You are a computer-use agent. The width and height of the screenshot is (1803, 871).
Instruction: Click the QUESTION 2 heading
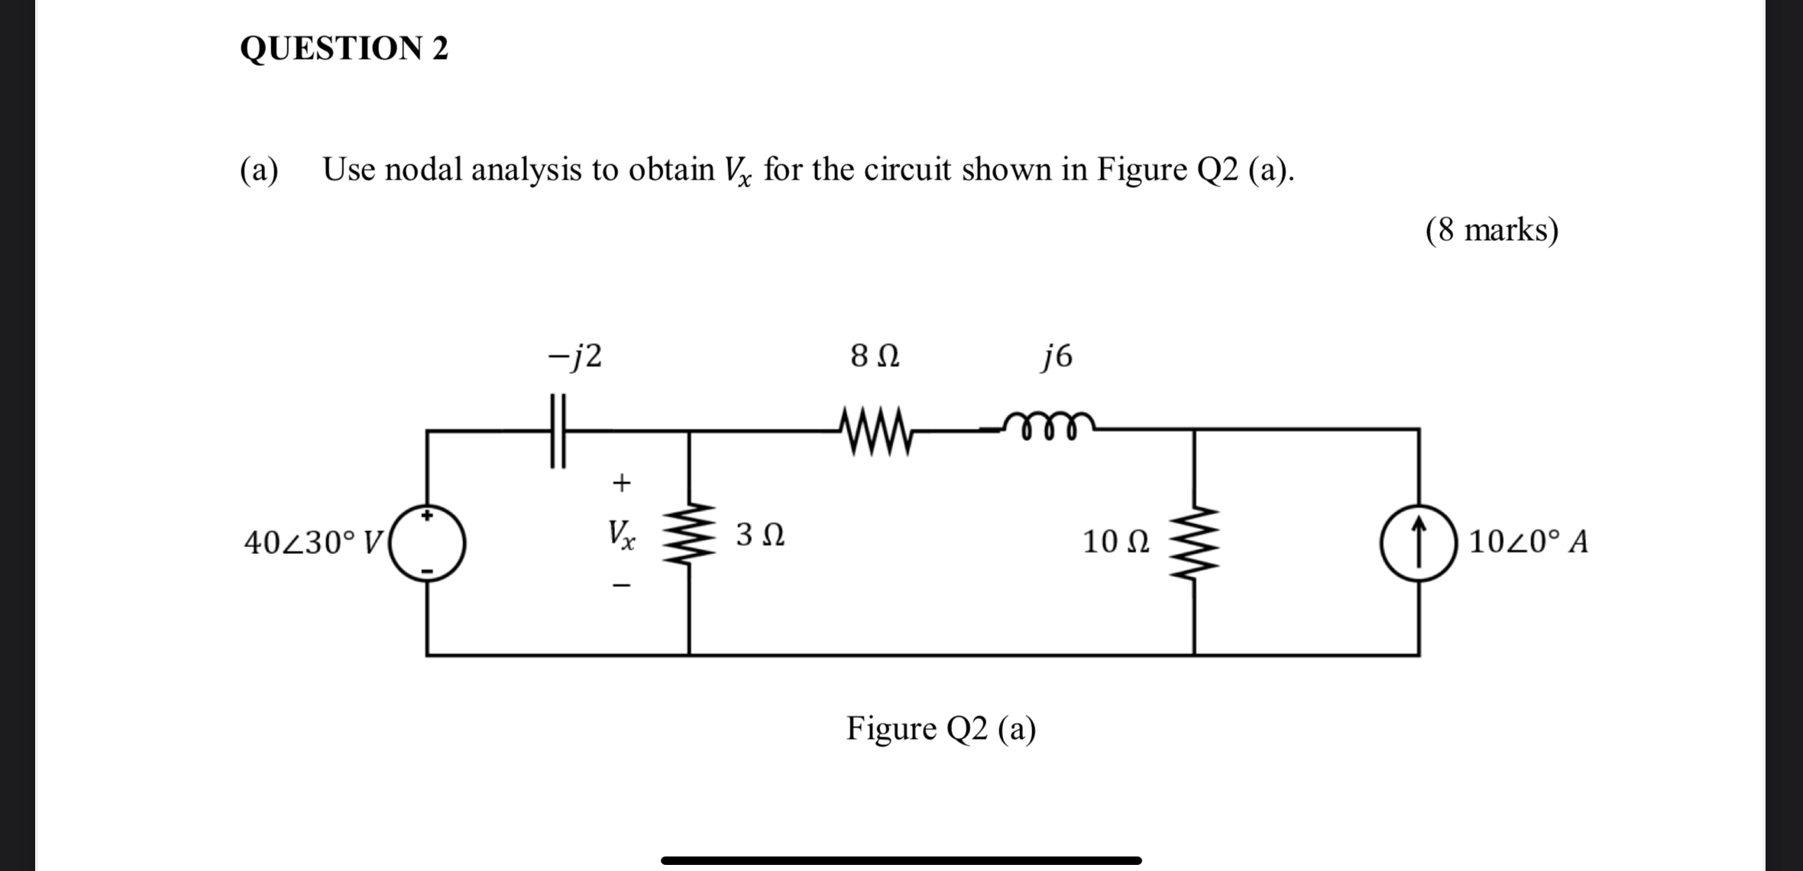(x=344, y=48)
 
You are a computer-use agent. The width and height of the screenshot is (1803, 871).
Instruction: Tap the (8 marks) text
(x=1491, y=230)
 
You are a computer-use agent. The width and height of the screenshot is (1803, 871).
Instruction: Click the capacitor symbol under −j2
(x=558, y=431)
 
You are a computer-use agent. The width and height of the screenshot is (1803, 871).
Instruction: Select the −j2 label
(x=575, y=356)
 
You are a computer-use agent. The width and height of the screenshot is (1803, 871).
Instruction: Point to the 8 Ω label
(x=875, y=356)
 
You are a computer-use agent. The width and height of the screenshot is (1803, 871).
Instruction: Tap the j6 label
(x=1057, y=356)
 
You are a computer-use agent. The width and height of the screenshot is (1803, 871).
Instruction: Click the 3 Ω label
(x=760, y=535)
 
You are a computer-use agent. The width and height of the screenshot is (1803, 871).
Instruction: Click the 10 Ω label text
(x=1115, y=542)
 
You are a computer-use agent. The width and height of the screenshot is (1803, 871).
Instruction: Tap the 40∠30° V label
(x=313, y=543)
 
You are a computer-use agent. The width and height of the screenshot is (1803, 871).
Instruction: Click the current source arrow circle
(x=1419, y=543)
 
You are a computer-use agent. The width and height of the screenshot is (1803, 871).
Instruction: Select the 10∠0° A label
(x=1528, y=542)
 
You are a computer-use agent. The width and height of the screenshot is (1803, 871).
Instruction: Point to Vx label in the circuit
(x=621, y=534)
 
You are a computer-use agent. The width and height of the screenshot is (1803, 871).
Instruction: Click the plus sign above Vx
(x=622, y=483)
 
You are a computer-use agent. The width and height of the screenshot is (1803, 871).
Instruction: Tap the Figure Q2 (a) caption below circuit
(x=940, y=729)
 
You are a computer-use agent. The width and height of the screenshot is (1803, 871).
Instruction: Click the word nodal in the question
(x=424, y=170)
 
